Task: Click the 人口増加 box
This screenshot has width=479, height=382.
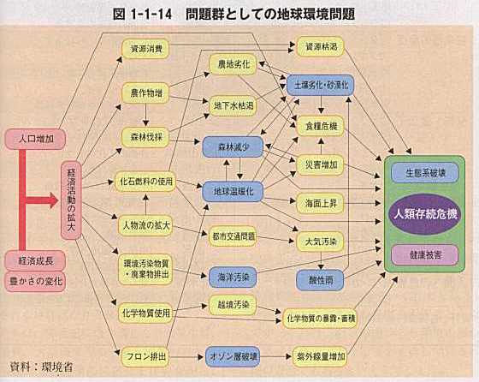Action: (x=35, y=139)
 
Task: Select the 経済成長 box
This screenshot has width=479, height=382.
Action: (x=35, y=260)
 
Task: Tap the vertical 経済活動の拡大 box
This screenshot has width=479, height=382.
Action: (x=71, y=200)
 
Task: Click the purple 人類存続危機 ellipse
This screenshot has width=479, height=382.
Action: (x=425, y=214)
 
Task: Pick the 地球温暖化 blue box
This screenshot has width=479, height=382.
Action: (x=233, y=192)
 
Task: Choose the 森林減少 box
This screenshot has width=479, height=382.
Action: (x=233, y=147)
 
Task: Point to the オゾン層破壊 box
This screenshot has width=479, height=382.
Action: (x=233, y=356)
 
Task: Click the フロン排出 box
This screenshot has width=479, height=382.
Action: (x=145, y=356)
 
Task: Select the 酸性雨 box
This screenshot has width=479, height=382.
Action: (x=320, y=280)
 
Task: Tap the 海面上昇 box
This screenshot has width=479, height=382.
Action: (x=320, y=203)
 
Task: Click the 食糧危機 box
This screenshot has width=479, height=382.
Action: (x=320, y=126)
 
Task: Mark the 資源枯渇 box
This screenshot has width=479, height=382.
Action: (x=320, y=47)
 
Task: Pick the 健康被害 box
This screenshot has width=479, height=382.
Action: (x=425, y=254)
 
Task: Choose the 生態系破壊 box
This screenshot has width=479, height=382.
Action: (x=425, y=173)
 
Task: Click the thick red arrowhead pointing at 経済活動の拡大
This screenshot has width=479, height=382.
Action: (x=53, y=200)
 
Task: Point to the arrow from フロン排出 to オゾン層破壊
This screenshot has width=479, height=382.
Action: (x=186, y=356)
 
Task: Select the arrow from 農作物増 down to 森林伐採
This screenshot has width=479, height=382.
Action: (x=145, y=115)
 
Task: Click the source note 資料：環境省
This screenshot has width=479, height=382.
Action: (x=42, y=367)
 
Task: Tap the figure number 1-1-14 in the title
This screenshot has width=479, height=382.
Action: (x=151, y=14)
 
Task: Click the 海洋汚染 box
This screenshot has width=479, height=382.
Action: (x=233, y=278)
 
